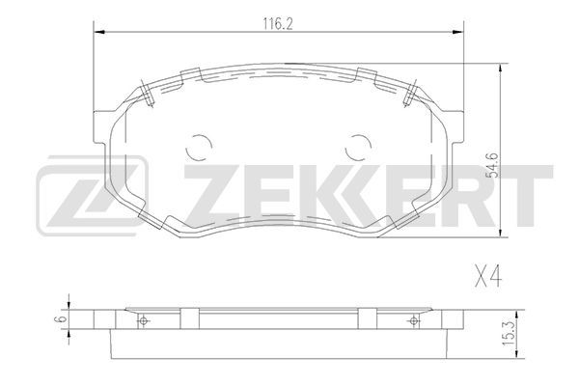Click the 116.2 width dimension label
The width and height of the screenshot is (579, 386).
278,24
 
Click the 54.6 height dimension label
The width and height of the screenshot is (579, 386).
494,165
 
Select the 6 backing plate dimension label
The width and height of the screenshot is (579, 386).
60,318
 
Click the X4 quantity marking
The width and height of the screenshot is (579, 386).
487,276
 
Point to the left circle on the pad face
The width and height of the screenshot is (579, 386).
199,147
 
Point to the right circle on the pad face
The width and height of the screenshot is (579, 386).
358,147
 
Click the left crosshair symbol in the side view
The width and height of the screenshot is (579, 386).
144,320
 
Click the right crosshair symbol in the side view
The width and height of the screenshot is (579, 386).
414,320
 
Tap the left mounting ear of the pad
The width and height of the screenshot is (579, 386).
102,126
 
